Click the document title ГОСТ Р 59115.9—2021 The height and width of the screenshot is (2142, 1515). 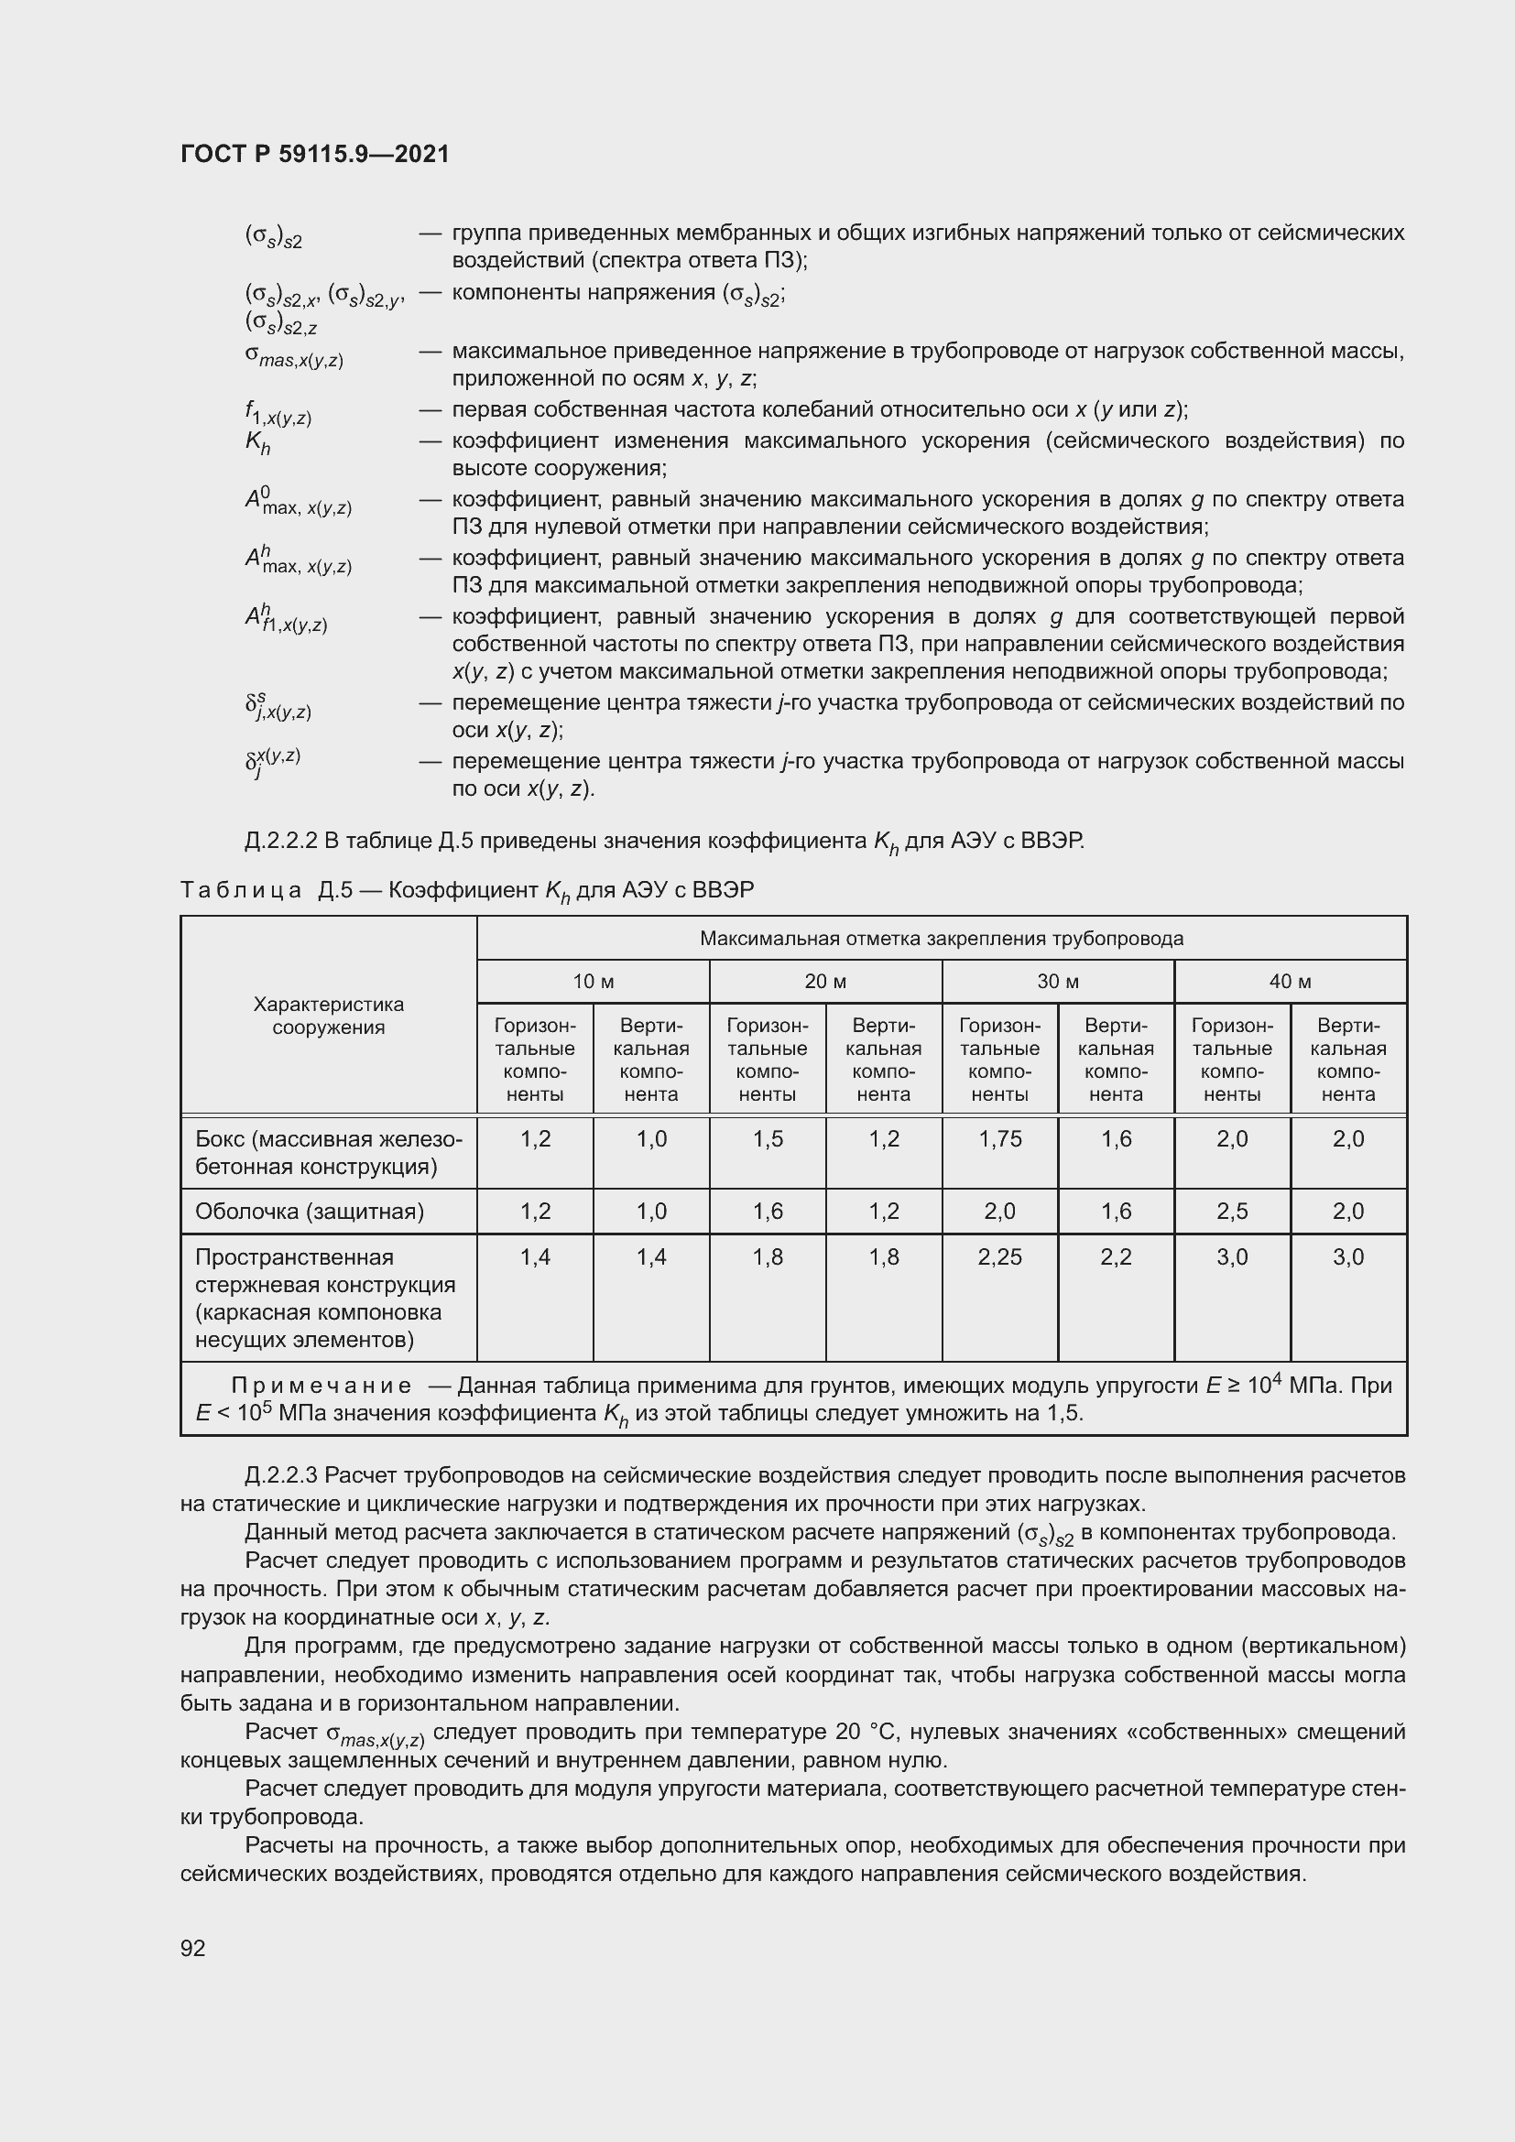[x=314, y=154]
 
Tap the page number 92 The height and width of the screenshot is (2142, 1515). [x=193, y=1947]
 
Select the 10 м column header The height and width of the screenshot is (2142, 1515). [x=594, y=982]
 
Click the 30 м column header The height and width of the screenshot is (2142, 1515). [x=1058, y=982]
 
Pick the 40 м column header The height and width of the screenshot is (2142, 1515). [x=1291, y=982]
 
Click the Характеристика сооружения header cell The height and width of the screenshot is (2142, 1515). [x=329, y=1016]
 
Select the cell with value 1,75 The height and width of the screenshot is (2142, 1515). [x=1000, y=1139]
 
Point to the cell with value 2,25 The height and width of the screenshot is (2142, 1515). [x=1000, y=1257]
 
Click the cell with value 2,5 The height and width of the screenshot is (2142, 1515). [x=1232, y=1212]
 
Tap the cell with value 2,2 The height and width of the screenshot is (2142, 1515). [x=1116, y=1257]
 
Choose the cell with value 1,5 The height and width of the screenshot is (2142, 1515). [x=768, y=1139]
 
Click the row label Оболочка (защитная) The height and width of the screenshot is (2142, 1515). [x=310, y=1212]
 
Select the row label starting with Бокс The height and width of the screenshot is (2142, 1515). [x=329, y=1153]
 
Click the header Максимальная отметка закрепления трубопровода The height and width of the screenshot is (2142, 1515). [x=942, y=939]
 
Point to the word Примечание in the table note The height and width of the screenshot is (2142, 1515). [x=322, y=1386]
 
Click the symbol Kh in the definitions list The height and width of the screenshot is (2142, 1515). [x=257, y=443]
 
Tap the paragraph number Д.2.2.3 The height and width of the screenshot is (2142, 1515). [x=282, y=1476]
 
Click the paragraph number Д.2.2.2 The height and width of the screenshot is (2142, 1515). [x=282, y=842]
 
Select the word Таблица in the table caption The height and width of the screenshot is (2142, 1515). [x=241, y=890]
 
